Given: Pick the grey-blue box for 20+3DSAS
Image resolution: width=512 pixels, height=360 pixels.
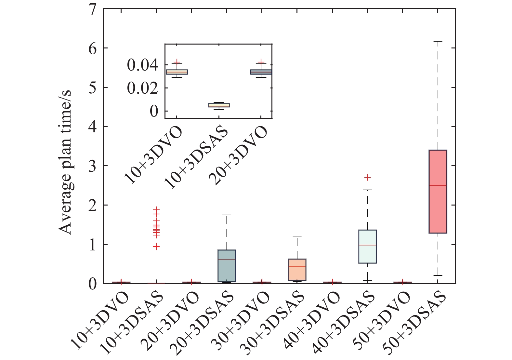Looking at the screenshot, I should [x=227, y=270].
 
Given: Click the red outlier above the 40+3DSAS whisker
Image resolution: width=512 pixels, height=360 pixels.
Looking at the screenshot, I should [x=367, y=178].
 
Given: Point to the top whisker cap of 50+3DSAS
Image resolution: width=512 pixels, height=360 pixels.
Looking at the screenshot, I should [x=438, y=41].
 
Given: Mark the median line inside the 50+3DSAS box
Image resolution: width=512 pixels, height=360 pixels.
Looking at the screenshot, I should [x=438, y=185].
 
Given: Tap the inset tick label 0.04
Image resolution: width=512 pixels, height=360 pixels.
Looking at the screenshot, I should [x=142, y=65].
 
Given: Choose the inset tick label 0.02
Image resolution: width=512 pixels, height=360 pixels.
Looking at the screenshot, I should [x=142, y=88].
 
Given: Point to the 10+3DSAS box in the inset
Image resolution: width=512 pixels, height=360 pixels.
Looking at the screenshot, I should [x=219, y=105].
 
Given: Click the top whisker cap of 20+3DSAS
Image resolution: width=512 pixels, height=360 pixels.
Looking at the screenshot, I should [x=227, y=215].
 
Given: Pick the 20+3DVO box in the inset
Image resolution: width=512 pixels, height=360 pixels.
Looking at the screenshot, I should [x=261, y=72].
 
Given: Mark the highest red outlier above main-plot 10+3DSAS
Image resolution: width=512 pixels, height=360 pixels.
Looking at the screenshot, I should [x=157, y=209].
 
